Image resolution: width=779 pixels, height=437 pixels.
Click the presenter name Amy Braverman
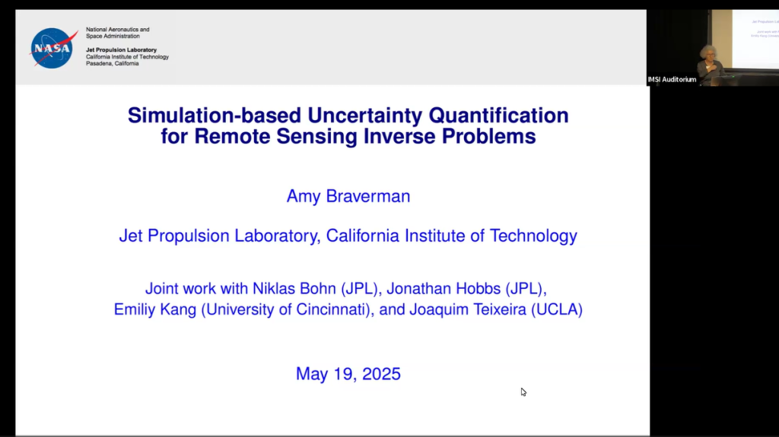coord(348,196)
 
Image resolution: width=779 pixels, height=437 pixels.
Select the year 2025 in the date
coord(381,374)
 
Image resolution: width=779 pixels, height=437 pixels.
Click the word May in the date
coord(312,374)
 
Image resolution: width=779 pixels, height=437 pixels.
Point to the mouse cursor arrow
coord(523,392)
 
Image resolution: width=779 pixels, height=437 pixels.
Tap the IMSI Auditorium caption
coord(672,80)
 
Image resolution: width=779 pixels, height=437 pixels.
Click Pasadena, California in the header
coord(112,64)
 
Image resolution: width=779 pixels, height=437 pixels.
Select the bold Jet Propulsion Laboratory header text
coord(121,50)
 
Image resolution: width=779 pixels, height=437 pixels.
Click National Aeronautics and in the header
coord(117,30)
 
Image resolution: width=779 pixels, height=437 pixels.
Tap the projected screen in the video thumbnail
coord(755,38)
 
